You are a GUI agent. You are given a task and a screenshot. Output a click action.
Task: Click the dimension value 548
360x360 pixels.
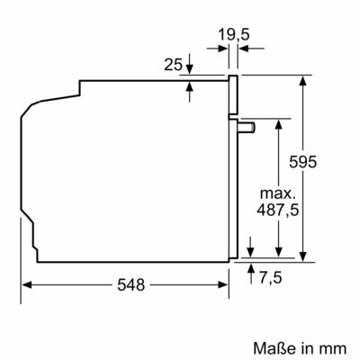(x=131, y=285)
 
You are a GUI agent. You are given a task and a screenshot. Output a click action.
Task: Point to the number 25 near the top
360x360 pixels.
(x=174, y=66)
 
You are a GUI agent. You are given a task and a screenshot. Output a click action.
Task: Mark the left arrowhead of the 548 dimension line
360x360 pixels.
(x=25, y=284)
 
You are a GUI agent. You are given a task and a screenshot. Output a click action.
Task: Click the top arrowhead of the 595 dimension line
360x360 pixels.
(x=307, y=78)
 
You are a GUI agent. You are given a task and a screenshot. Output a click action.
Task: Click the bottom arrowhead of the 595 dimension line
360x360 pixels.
(x=307, y=257)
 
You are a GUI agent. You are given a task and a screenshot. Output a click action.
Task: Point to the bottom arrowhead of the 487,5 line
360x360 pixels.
(x=281, y=252)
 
